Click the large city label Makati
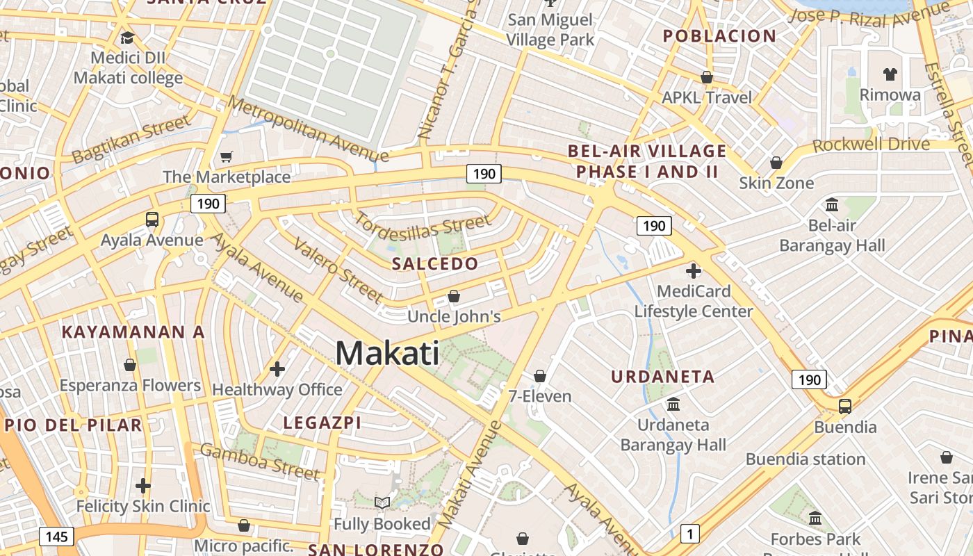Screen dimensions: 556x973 tap(387, 353)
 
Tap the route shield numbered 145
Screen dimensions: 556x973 tap(56, 537)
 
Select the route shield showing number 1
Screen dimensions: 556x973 tap(689, 534)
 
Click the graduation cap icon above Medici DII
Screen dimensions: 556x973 tap(127, 37)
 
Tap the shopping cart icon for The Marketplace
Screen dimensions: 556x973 tap(226, 157)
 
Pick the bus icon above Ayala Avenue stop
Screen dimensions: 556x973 tap(152, 220)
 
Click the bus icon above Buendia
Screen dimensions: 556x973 tap(845, 406)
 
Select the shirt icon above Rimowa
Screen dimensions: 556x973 tap(890, 74)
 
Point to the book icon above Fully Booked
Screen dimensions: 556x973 tap(382, 502)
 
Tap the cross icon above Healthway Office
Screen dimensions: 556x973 tap(277, 368)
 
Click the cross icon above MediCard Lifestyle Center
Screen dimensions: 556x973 tap(693, 270)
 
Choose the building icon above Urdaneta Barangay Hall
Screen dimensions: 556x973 tap(673, 404)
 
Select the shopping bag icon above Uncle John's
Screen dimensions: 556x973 tap(454, 296)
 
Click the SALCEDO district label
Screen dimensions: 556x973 tap(435, 263)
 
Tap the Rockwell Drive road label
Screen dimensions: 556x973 tap(871, 145)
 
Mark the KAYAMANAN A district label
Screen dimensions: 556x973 tap(133, 332)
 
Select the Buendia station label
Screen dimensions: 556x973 tap(806, 459)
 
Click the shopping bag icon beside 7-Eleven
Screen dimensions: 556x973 tap(540, 376)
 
